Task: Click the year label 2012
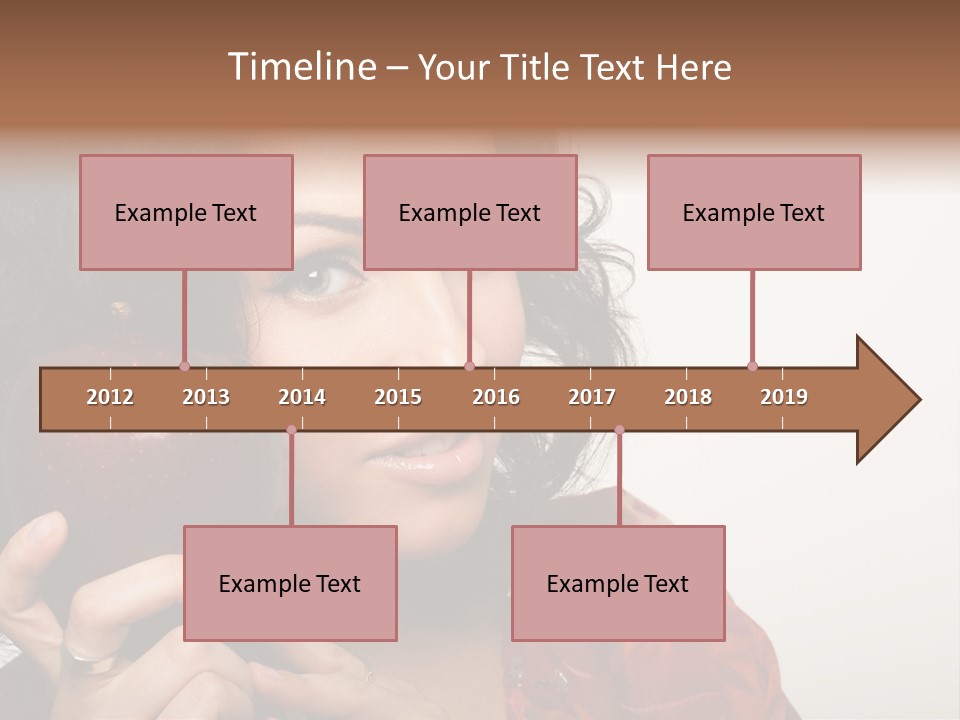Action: (x=110, y=397)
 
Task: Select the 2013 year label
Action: (x=206, y=397)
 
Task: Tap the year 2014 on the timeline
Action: (x=302, y=397)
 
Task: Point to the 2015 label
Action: (x=398, y=397)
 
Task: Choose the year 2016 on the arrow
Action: (x=496, y=397)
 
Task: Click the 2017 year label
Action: (x=592, y=397)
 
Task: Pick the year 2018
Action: (x=688, y=397)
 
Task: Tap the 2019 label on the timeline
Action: (x=784, y=397)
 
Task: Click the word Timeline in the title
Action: (x=300, y=67)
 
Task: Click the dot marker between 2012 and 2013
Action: (x=184, y=366)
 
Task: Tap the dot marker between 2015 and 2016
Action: (x=469, y=366)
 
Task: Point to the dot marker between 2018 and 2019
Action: (x=752, y=366)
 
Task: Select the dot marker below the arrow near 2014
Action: (x=291, y=430)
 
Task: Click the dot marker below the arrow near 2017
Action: (x=619, y=430)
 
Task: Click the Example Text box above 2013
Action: (x=186, y=212)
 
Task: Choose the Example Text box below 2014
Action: (x=290, y=583)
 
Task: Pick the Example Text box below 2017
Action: (x=618, y=583)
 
